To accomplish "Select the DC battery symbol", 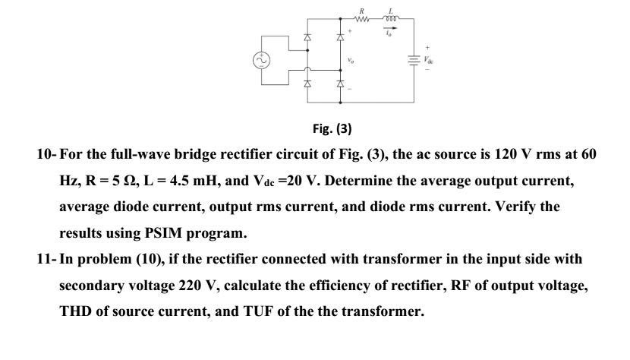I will tap(414, 58).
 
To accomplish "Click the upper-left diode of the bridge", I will tap(307, 37).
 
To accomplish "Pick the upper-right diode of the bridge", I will tap(340, 37).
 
